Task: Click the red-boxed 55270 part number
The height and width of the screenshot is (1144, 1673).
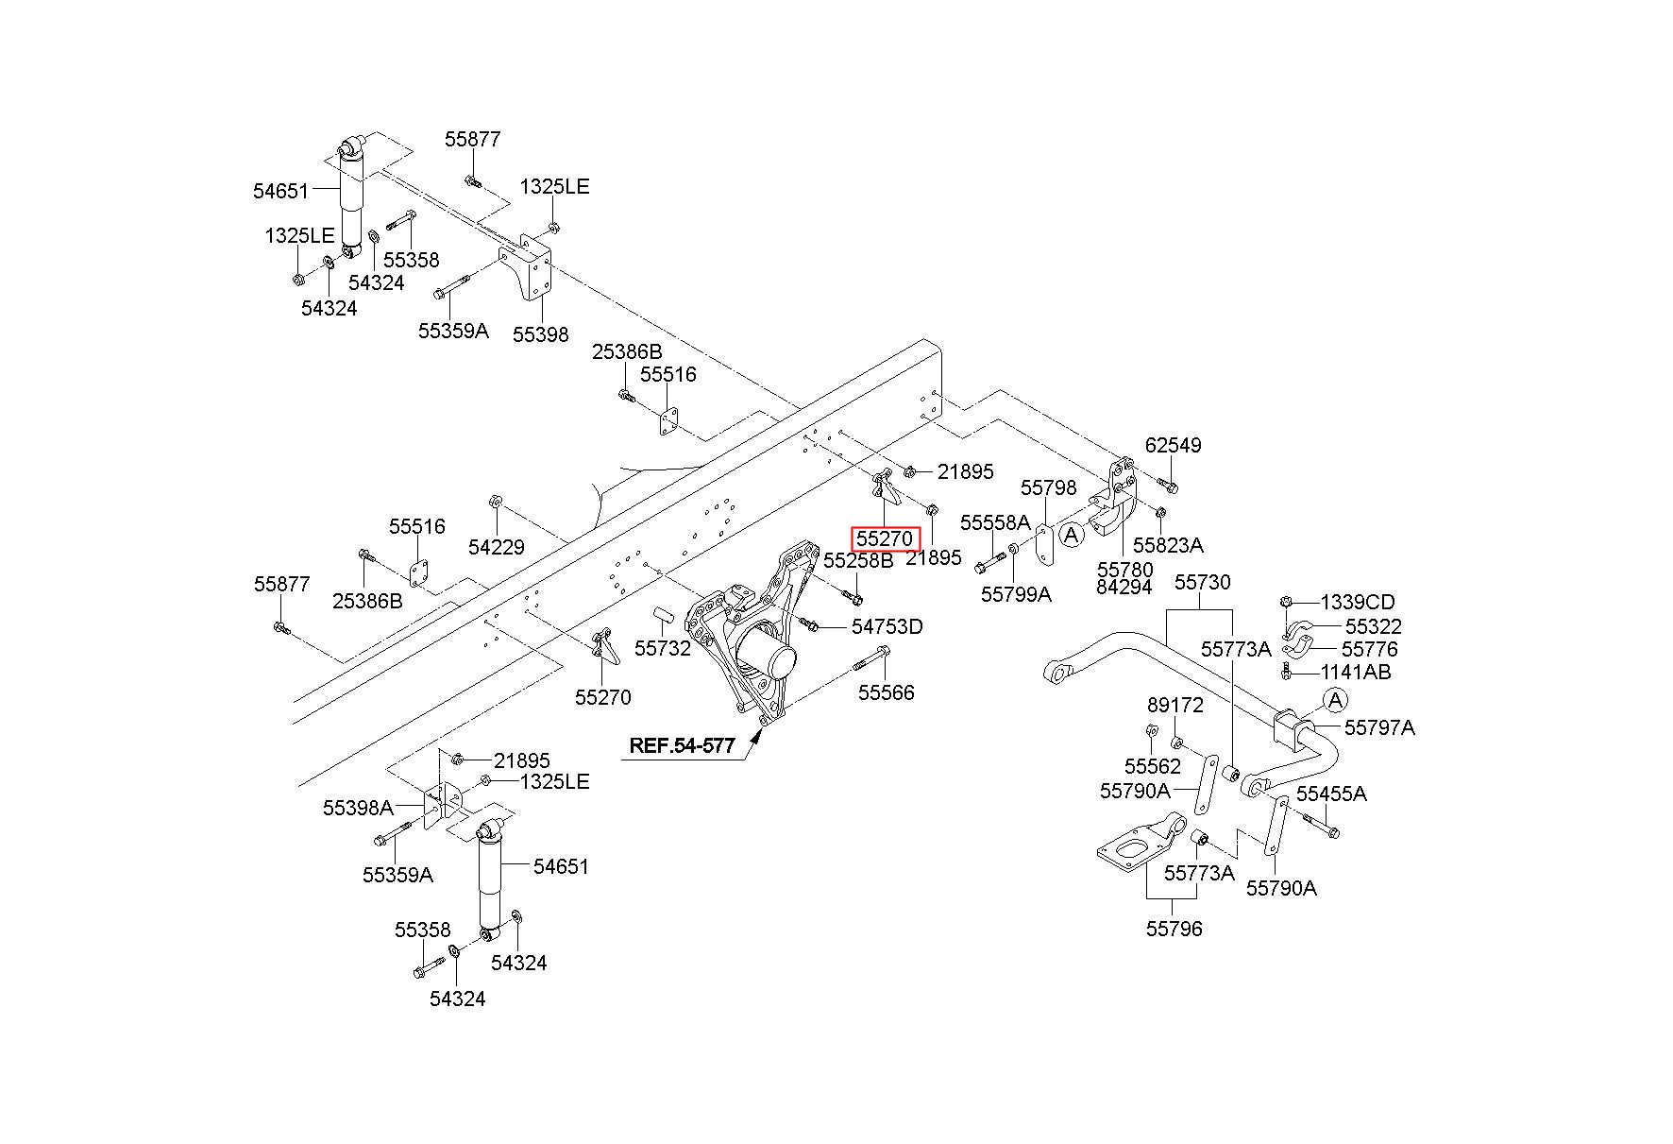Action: [885, 539]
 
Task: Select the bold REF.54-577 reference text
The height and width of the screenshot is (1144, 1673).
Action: [682, 745]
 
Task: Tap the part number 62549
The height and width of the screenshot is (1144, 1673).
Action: [1173, 445]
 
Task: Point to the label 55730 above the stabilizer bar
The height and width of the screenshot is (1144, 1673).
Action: [1202, 582]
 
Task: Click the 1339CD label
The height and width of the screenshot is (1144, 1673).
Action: [1357, 602]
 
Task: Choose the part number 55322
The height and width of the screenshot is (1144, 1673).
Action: [1373, 626]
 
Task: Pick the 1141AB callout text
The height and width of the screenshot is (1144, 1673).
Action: [1355, 672]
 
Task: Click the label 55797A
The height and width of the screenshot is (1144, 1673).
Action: [1379, 727]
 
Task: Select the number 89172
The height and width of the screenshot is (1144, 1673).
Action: [1175, 706]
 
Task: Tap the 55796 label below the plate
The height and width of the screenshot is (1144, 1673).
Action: [1174, 929]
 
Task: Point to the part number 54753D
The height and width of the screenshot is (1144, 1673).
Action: [887, 626]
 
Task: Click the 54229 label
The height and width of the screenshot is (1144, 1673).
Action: [497, 547]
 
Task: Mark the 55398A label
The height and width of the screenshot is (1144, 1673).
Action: [358, 808]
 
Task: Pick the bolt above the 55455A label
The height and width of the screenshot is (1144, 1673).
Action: [1322, 825]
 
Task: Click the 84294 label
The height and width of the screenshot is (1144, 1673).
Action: [1124, 587]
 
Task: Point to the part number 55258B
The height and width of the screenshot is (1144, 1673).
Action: [858, 560]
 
